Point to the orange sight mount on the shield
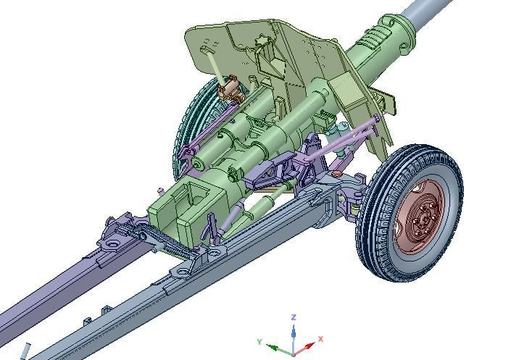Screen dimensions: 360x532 [x=229, y=90]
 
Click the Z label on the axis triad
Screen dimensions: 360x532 [x=294, y=317]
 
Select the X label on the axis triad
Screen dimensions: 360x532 [x=320, y=338]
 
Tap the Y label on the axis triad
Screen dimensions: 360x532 [x=259, y=341]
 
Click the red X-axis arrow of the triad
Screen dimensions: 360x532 [x=307, y=346]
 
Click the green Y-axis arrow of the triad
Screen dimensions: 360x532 [x=276, y=347]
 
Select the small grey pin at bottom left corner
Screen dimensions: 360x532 [x=26, y=351]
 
